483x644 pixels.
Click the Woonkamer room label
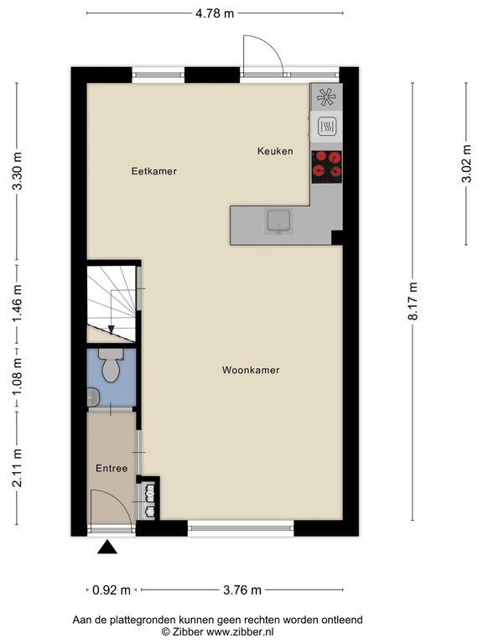click(x=251, y=370)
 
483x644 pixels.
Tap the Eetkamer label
click(x=154, y=171)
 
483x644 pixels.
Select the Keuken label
click(x=275, y=151)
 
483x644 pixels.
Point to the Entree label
click(x=112, y=468)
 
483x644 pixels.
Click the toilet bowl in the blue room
click(x=111, y=366)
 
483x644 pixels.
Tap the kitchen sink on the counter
click(x=279, y=221)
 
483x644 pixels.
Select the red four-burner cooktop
click(x=327, y=167)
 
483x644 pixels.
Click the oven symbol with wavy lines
click(x=327, y=127)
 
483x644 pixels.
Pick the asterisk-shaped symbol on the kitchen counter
click(x=326, y=97)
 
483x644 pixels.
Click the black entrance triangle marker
click(x=107, y=547)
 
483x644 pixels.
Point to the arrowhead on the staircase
click(x=111, y=330)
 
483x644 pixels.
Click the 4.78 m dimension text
click(x=215, y=13)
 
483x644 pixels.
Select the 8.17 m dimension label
click(x=413, y=301)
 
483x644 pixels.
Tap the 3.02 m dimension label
click(x=466, y=164)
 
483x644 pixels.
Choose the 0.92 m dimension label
click(x=112, y=590)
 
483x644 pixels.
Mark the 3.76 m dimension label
click(x=242, y=590)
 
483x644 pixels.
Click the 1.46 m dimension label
click(x=17, y=304)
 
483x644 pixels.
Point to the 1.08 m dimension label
click(x=17, y=377)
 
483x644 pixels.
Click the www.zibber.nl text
click(x=240, y=631)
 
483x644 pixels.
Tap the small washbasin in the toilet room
click(x=93, y=397)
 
